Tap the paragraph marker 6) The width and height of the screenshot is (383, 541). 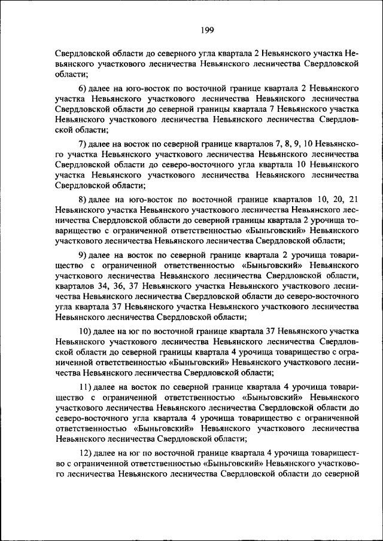84,88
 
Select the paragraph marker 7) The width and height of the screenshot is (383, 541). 84,144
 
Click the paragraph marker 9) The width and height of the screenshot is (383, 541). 84,256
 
